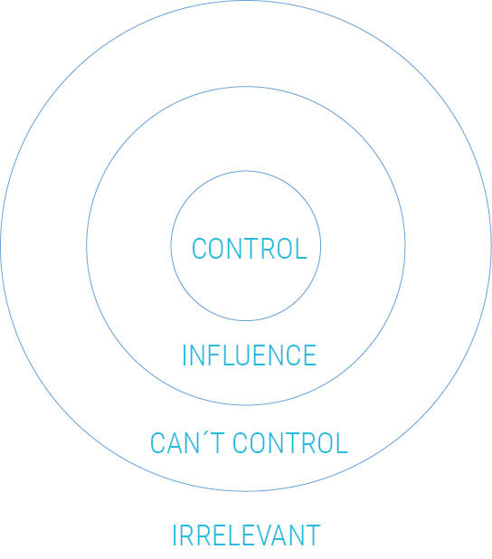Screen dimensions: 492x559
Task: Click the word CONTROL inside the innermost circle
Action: [x=250, y=249]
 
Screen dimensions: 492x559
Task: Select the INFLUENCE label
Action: [x=250, y=355]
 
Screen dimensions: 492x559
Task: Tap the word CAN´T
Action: [x=187, y=443]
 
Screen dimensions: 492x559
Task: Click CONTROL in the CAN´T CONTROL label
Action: [x=290, y=443]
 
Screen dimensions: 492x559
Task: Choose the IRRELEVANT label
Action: [x=246, y=535]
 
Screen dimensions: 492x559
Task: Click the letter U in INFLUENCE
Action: [x=249, y=355]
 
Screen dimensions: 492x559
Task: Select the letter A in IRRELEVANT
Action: [x=280, y=535]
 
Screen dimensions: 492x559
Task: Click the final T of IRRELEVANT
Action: [x=313, y=535]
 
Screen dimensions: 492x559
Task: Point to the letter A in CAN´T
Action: [x=174, y=443]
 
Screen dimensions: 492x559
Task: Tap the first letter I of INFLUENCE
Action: [x=184, y=355]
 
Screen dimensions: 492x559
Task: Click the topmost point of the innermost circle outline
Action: [x=246, y=171]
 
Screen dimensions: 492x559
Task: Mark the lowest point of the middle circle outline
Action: [x=246, y=404]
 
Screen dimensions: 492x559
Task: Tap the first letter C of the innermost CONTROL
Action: [x=199, y=249]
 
